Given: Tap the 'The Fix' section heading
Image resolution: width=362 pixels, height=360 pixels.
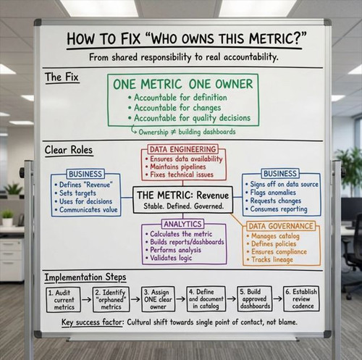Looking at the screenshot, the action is coord(62,78).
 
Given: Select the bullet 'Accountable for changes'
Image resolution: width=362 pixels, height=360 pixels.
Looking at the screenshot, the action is coord(174,108).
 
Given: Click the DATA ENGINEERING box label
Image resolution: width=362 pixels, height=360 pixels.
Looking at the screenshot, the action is coord(183,149).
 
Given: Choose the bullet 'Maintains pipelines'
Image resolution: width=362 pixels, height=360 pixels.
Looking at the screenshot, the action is coord(176,167).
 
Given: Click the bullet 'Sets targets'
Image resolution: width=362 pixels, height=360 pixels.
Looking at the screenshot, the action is coord(75,193).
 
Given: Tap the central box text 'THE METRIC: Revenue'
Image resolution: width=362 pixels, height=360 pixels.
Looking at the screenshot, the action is coord(182,195).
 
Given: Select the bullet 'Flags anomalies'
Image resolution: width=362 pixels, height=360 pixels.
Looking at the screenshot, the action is coord(271,193).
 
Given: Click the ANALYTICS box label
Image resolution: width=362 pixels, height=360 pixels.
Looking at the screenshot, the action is coord(182,224).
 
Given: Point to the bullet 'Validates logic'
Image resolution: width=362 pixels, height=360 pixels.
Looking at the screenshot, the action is coord(169,258).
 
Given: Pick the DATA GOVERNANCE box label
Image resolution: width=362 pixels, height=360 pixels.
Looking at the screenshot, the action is coord(281,226).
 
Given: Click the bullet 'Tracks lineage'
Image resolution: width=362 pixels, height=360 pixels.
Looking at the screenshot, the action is coord(270,259).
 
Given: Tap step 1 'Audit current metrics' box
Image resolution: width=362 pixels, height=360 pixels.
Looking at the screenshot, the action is coord(63,300).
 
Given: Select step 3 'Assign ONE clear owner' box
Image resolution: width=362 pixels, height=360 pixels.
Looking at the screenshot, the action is coord(158,299).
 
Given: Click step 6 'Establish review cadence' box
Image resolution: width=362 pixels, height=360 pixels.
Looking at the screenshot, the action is coord(301,299).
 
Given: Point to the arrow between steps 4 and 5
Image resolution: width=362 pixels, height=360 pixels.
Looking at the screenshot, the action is coord(232,299).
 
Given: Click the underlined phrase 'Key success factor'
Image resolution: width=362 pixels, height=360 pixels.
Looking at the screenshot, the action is coord(92,322).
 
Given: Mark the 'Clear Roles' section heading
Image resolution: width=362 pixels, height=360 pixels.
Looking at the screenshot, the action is coord(69,150).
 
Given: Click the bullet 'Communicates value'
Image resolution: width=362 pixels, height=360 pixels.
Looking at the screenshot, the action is coord(86,209).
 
